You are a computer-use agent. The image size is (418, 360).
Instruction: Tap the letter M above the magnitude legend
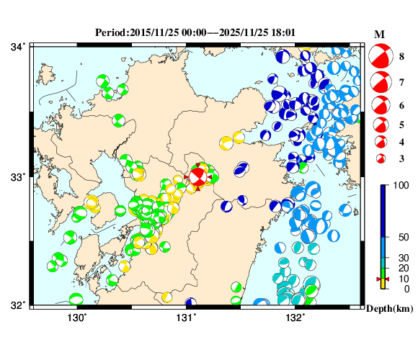[379, 35]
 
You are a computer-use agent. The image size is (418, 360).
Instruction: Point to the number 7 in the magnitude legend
[401, 84]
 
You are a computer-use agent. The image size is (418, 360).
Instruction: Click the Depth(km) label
[389, 309]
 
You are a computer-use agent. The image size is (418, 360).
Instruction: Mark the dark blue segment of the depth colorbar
[384, 210]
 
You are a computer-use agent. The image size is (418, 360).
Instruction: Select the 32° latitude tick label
[17, 305]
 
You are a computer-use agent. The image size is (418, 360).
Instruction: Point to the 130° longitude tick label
[76, 318]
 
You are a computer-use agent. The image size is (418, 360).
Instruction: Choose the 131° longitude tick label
[187, 318]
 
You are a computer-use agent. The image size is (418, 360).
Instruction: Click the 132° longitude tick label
[296, 318]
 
